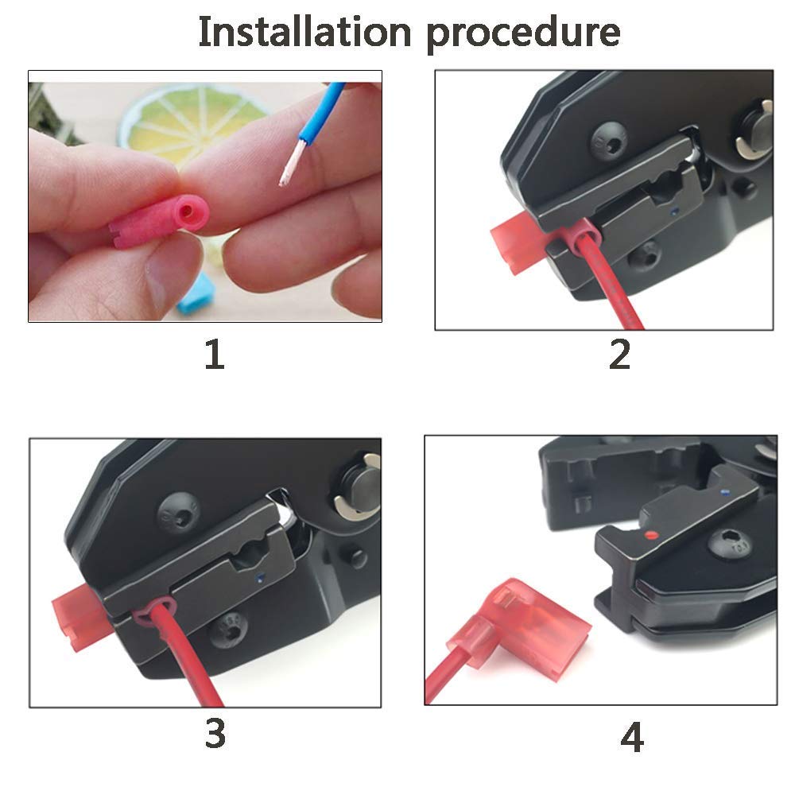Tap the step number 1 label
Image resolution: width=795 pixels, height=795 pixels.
(214, 354)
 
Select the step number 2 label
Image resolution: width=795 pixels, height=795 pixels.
(619, 354)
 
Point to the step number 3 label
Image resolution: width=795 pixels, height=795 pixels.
(215, 733)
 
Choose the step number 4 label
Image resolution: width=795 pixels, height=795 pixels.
(631, 738)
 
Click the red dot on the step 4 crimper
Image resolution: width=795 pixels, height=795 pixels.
(652, 535)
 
